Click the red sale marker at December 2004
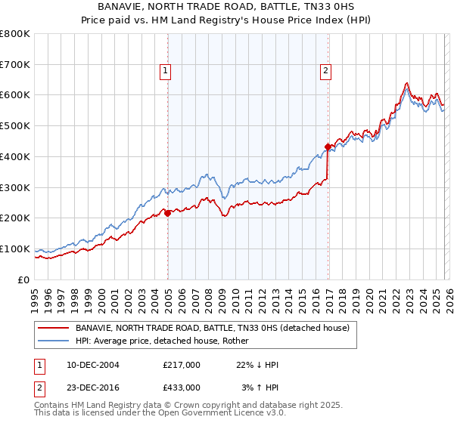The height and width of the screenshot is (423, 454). point(167,213)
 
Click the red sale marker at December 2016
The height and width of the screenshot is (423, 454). point(328,147)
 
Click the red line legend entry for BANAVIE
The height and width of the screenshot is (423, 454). point(212,329)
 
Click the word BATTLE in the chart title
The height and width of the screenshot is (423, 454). point(273,8)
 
